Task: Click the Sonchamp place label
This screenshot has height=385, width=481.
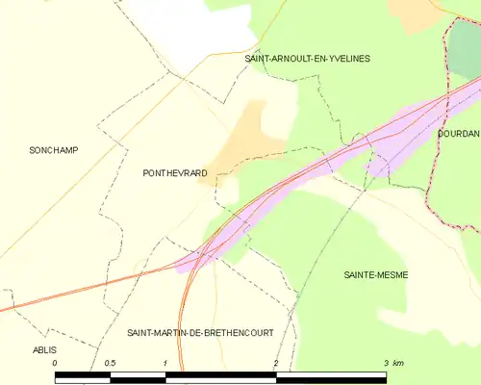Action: click(x=54, y=150)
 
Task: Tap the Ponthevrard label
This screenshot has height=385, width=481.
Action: click(x=174, y=173)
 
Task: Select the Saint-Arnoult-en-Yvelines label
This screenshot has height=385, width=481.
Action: click(x=308, y=59)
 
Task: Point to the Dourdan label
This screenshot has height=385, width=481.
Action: click(x=458, y=134)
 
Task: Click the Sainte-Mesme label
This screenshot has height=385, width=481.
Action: click(x=376, y=275)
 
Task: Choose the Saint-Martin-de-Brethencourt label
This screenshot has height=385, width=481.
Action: click(x=200, y=332)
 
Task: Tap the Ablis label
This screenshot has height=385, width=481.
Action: click(x=45, y=350)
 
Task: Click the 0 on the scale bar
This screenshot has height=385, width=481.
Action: click(x=56, y=362)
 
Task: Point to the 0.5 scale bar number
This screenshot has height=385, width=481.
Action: click(x=110, y=362)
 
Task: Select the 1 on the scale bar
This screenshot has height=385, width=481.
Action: click(x=165, y=362)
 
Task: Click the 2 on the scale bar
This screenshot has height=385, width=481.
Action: click(x=276, y=362)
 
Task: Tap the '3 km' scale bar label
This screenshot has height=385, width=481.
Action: click(x=392, y=362)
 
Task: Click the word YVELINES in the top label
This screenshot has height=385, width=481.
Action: click(x=347, y=59)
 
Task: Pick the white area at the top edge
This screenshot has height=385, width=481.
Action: click(x=192, y=24)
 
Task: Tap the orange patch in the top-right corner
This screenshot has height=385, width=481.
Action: click(x=414, y=10)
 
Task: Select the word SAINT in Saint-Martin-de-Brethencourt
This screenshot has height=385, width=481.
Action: click(x=140, y=332)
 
